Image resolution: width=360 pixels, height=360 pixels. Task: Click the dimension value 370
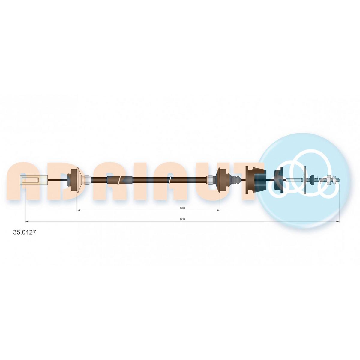coord(182,208)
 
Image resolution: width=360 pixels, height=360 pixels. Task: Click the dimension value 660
coord(182,219)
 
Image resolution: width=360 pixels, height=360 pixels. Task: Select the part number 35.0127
coord(24,232)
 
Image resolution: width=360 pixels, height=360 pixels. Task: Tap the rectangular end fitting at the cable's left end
coord(34,180)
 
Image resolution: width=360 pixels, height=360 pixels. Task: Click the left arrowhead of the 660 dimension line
coord(26,222)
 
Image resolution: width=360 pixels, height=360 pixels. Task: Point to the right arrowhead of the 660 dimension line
coord(338,222)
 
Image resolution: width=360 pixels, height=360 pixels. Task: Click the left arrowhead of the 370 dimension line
coord(79,210)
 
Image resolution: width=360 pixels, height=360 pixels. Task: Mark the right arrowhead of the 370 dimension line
coord(218,210)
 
